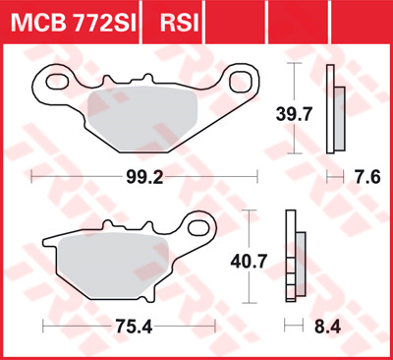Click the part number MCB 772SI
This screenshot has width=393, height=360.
73,23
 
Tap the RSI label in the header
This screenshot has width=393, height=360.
180,23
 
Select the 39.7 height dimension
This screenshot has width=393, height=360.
294,114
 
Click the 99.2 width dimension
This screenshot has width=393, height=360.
144,177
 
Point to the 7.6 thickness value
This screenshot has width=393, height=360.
366,177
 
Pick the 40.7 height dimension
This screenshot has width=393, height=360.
249,262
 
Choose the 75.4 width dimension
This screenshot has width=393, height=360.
134,327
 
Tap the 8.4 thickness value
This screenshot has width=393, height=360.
327,327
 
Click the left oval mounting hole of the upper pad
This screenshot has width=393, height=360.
57,82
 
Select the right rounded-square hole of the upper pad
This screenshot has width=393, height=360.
242,82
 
